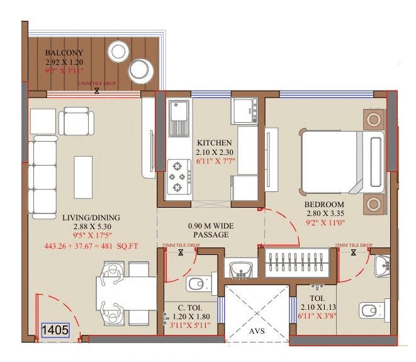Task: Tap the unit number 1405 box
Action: click(x=55, y=329)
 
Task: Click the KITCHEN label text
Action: click(x=215, y=142)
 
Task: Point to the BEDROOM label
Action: click(x=324, y=205)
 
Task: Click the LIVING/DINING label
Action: click(x=91, y=218)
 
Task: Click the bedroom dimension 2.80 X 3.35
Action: click(x=324, y=213)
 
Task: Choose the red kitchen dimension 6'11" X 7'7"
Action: click(x=215, y=160)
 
